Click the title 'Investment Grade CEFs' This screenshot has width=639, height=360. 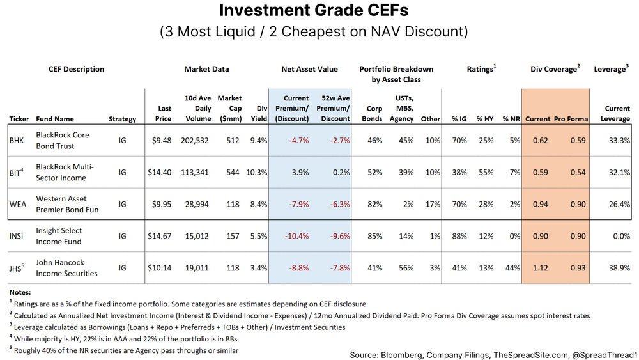point(313,11)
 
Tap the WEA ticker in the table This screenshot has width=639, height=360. point(19,204)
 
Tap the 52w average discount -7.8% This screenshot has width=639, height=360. point(337,268)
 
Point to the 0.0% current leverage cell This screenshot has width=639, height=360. point(619,236)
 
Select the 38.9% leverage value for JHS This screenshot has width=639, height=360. point(617,268)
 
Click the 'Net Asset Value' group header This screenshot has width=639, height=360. point(309,69)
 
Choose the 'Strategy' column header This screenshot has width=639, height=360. point(122,118)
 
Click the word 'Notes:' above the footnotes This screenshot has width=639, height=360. point(20,291)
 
